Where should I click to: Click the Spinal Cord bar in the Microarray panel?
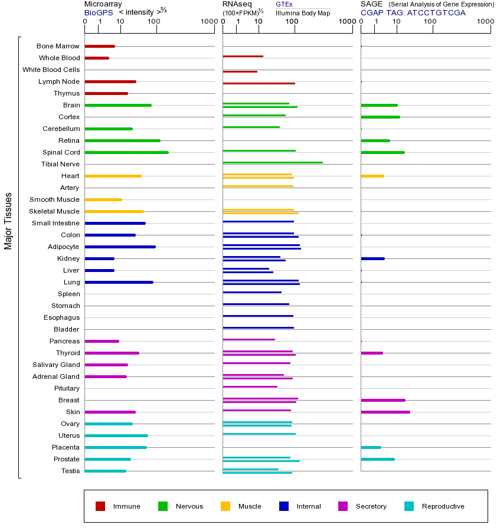click(126, 152)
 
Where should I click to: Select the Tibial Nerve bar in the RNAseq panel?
click(272, 162)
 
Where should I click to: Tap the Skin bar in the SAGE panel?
click(385, 412)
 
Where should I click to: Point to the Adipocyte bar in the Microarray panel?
click(120, 247)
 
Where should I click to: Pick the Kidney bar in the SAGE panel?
click(372, 258)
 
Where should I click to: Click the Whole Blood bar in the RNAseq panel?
click(243, 56)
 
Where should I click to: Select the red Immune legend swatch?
click(100, 506)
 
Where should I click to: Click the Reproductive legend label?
click(443, 506)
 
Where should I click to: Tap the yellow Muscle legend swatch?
click(225, 506)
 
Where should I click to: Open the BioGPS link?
click(99, 12)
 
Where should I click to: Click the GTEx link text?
click(284, 4)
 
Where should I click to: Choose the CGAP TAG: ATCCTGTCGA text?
click(413, 12)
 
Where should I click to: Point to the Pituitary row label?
click(66, 388)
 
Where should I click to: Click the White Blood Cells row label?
click(51, 70)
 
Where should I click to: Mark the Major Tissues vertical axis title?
click(8, 221)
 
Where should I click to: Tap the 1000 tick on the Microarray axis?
click(208, 22)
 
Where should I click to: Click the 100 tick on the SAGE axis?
click(430, 22)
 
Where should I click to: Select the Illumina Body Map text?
click(303, 12)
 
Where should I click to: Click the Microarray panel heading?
click(103, 4)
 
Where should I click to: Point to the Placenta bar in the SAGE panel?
click(371, 447)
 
